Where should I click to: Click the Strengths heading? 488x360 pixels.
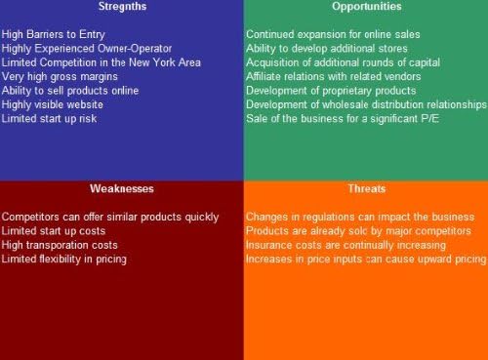click(121, 7)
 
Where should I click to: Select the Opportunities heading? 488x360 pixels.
click(366, 7)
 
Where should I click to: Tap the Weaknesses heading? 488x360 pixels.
click(121, 187)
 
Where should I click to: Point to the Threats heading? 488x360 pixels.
click(366, 187)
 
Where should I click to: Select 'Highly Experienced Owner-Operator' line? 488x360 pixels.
click(87, 48)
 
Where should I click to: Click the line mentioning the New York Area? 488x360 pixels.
click(102, 62)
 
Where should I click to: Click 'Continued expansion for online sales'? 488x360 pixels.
click(333, 34)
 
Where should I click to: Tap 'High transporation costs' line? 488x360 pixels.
click(60, 245)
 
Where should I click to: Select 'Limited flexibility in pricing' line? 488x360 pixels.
click(64, 259)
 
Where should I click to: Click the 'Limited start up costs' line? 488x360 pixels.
click(55, 230)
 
